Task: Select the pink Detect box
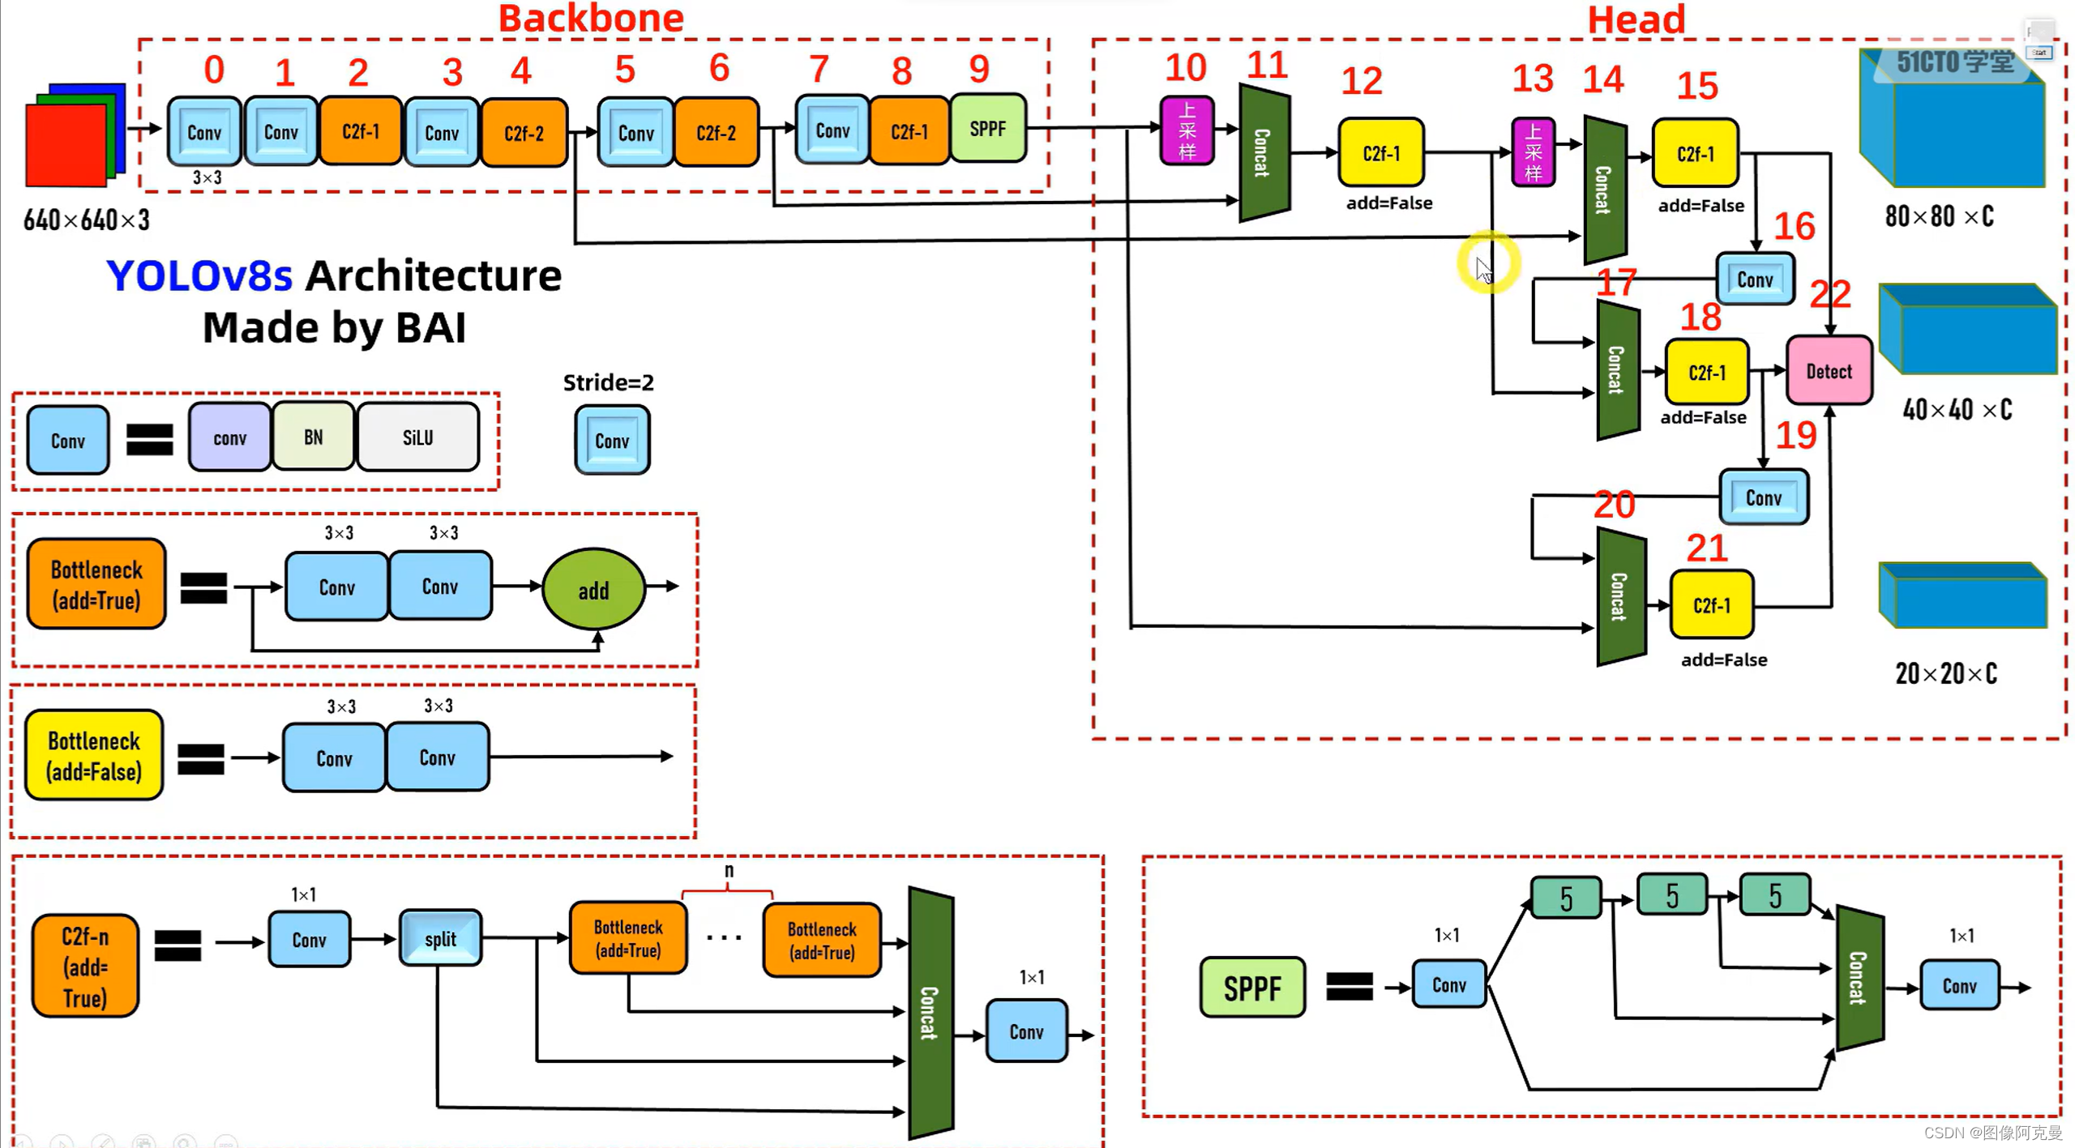coord(1829,371)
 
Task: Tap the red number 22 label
coord(1830,294)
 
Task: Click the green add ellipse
coord(593,590)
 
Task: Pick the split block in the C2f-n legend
coord(440,938)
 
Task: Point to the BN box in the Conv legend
coord(314,437)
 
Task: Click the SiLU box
coord(417,437)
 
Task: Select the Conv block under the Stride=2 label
coord(612,440)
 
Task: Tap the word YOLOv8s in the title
coord(199,275)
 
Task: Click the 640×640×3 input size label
coord(87,220)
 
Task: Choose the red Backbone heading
coord(591,18)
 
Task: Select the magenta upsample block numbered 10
coord(1187,130)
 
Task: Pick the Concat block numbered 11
coord(1263,152)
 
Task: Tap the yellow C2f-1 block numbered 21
coord(1711,605)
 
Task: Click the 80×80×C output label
coord(1939,216)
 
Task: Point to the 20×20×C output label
coord(1945,673)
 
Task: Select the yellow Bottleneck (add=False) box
coord(94,755)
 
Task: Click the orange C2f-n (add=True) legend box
coord(85,966)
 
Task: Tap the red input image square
coord(65,146)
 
